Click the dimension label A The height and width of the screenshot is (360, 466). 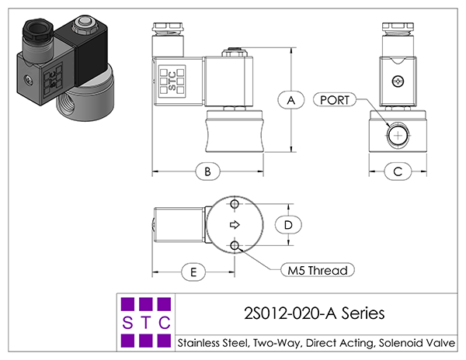[x=291, y=100]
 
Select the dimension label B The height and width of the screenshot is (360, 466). [x=207, y=171]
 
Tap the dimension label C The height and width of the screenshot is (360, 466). [x=398, y=171]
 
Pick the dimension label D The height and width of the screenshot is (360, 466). [x=288, y=225]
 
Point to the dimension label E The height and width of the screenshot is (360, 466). [x=193, y=272]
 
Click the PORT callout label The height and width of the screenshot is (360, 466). [x=335, y=100]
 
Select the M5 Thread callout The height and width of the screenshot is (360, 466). [x=318, y=270]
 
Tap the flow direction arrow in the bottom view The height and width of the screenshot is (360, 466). [x=235, y=225]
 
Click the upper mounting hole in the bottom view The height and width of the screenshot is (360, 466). [x=235, y=204]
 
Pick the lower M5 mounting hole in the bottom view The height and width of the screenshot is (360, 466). [x=235, y=245]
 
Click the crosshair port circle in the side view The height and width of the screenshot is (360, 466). [x=398, y=135]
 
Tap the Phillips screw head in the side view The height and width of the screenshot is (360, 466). [x=398, y=81]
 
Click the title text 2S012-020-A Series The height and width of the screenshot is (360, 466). [x=314, y=313]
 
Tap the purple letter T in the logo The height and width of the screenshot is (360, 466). [x=146, y=323]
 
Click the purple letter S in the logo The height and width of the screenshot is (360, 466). [x=127, y=323]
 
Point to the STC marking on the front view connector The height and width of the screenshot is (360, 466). [x=172, y=81]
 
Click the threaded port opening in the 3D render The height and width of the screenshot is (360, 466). [x=69, y=105]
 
